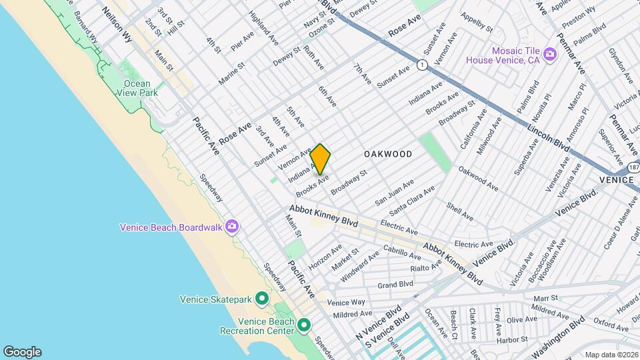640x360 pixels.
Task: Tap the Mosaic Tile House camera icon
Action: (x=550, y=54)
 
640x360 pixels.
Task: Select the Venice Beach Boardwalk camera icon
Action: (x=231, y=227)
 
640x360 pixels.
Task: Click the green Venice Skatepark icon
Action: (x=262, y=299)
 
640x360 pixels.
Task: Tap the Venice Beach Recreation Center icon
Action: (x=304, y=325)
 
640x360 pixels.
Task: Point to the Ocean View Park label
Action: (x=140, y=88)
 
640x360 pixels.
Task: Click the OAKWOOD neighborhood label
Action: (x=388, y=154)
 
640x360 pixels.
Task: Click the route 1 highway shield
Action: (x=421, y=65)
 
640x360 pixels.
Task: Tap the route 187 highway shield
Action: (x=633, y=165)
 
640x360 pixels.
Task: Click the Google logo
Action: (x=22, y=352)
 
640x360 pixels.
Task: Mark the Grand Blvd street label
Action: (x=395, y=285)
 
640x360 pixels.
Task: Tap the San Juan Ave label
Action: (x=394, y=191)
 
